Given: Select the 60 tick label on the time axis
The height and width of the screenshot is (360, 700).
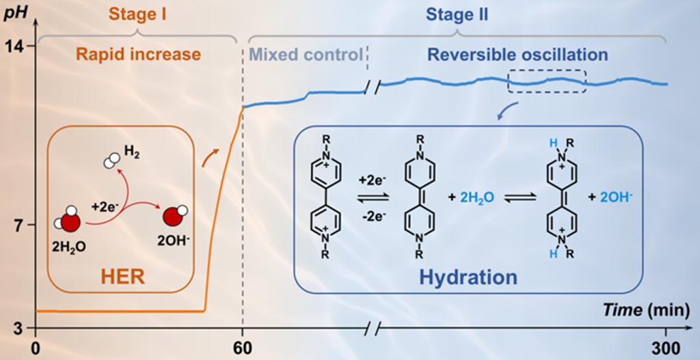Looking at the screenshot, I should click(x=243, y=348).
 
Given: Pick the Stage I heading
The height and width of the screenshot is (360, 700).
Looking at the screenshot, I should click(x=138, y=14).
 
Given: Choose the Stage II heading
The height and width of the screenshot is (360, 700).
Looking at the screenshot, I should click(x=457, y=14).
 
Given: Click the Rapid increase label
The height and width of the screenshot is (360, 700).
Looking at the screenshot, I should click(x=138, y=55).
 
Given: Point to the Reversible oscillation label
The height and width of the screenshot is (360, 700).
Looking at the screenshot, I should click(x=517, y=55).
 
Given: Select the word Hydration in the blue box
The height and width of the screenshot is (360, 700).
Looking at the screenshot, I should click(x=468, y=277).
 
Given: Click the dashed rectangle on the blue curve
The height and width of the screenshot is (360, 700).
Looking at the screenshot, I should click(x=547, y=81).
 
